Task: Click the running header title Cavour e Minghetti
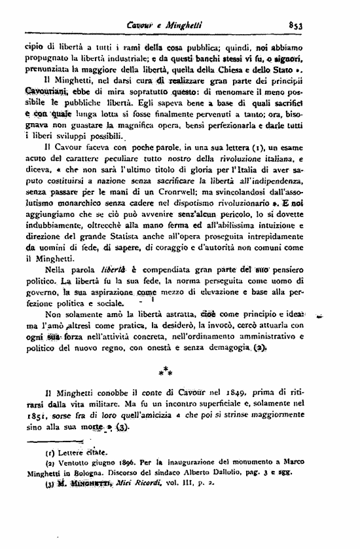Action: [x=166, y=26]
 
